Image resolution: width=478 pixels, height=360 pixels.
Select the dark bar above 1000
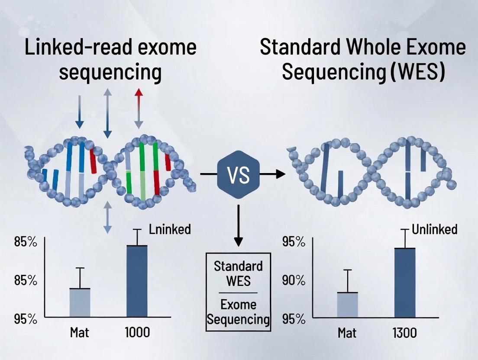tap(137, 281)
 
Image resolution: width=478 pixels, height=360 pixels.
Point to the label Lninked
tap(170, 229)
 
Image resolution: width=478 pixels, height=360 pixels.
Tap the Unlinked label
tap(434, 229)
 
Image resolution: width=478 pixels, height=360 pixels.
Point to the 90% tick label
tap(294, 280)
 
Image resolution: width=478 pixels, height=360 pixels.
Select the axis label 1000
tap(137, 332)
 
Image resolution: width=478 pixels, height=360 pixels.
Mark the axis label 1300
tap(404, 332)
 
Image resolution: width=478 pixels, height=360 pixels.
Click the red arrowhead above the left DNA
tap(139, 93)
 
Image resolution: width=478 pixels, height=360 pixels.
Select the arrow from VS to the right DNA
tap(273, 174)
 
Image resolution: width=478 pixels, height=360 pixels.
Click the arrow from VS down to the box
tap(238, 225)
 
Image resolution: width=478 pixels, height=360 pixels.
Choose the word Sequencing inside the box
tap(238, 320)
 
